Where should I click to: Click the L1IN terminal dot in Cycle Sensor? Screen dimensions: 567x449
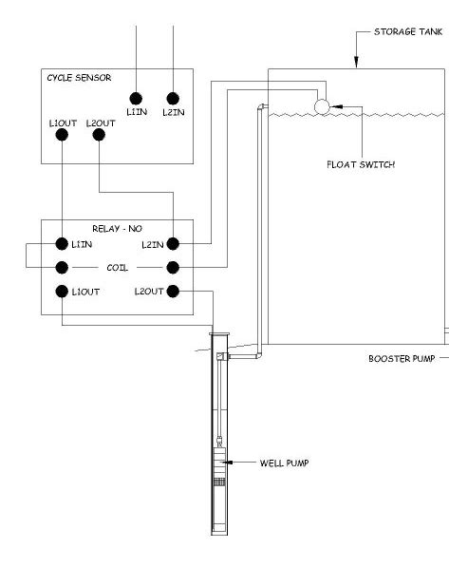tap(136, 98)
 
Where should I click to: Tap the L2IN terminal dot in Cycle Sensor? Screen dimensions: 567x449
tap(173, 98)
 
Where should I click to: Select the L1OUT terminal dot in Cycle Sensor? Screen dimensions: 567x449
tap(62, 135)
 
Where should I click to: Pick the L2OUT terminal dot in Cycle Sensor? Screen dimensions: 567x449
tap(99, 135)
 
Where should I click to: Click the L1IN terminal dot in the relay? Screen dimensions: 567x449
tap(62, 244)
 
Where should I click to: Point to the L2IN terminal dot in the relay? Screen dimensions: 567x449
tap(173, 244)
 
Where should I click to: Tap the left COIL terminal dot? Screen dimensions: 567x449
tap(62, 267)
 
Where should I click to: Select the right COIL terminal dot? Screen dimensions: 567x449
tap(173, 267)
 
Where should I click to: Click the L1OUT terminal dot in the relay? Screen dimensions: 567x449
tap(62, 291)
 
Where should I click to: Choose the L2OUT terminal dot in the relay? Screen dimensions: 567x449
tap(173, 291)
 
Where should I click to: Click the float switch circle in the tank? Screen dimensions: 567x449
tap(322, 106)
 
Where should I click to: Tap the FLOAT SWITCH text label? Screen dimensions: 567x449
tap(361, 164)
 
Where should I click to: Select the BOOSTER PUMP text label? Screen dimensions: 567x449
tap(401, 359)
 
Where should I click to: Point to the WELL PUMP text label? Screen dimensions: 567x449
tap(285, 463)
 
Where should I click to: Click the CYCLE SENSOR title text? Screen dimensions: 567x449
tap(79, 78)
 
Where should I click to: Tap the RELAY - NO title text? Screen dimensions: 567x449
tap(117, 229)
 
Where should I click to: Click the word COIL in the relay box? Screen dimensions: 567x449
tap(117, 268)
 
